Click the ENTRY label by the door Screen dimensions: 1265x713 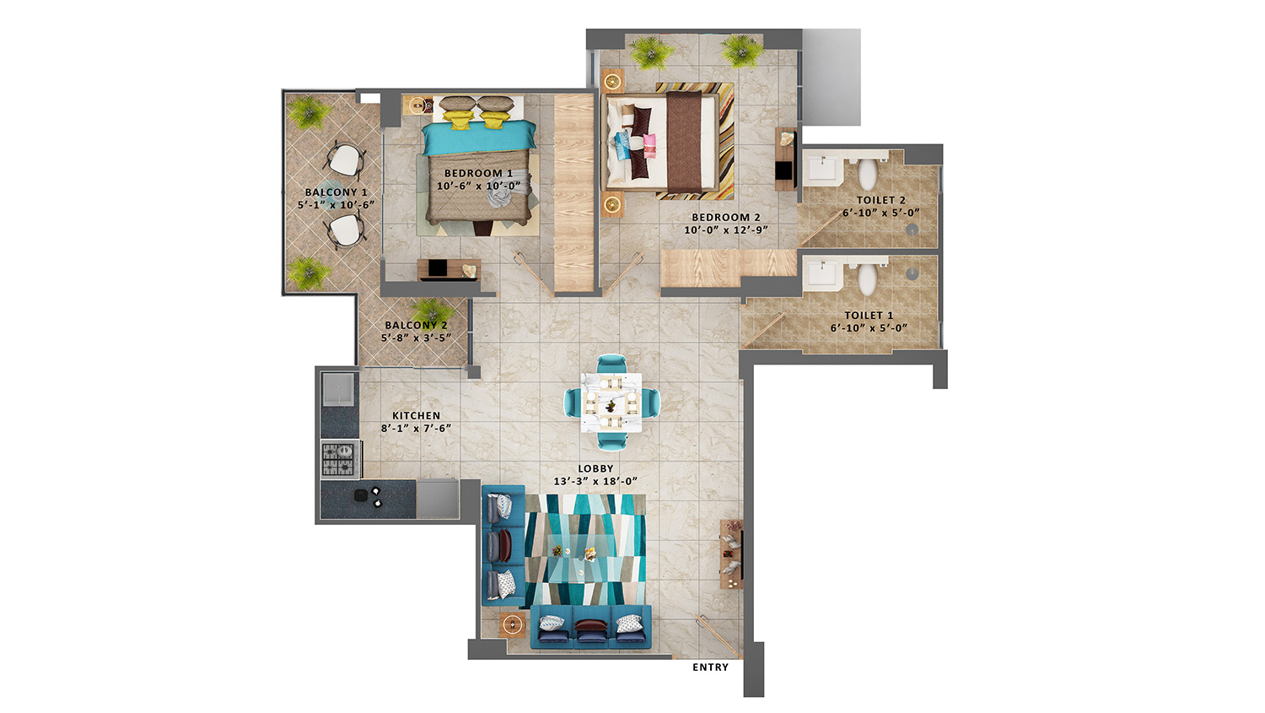pyautogui.click(x=710, y=667)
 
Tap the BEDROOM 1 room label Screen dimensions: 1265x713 pyautogui.click(x=478, y=174)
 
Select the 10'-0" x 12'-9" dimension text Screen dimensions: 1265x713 pyautogui.click(x=725, y=230)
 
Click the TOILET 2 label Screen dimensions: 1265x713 pyautogui.click(x=881, y=200)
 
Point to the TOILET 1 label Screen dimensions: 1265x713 pyautogui.click(x=869, y=316)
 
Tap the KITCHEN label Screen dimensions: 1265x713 pyautogui.click(x=417, y=415)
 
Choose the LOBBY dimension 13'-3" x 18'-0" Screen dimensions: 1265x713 pyautogui.click(x=595, y=481)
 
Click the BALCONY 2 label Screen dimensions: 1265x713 pyautogui.click(x=417, y=325)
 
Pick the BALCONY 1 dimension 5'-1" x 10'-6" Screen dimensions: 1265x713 pyautogui.click(x=336, y=205)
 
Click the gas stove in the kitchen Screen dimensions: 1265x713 pyautogui.click(x=341, y=459)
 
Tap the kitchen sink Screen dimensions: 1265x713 pyautogui.click(x=338, y=389)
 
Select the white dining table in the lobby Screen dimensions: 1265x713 pyautogui.click(x=611, y=402)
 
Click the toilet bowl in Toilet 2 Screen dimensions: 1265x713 pyautogui.click(x=868, y=174)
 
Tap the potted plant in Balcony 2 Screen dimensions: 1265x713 pyautogui.click(x=433, y=311)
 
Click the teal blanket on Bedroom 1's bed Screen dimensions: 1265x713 pyautogui.click(x=479, y=138)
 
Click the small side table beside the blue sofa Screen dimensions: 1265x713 pyautogui.click(x=512, y=625)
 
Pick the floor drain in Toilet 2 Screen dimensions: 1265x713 pyautogui.click(x=912, y=230)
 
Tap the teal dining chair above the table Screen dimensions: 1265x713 pyautogui.click(x=611, y=365)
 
